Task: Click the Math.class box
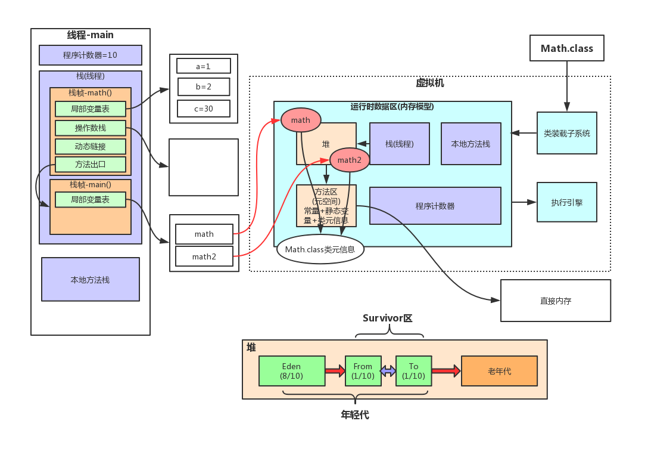pos(566,48)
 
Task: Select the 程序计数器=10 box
pos(91,55)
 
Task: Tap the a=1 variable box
pos(203,66)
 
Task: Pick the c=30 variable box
pos(203,109)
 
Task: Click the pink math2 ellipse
pos(350,160)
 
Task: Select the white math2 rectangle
pos(204,256)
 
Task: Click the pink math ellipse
pos(301,120)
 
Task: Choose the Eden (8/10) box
pos(292,371)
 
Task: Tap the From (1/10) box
pos(363,371)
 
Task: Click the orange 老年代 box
pos(499,371)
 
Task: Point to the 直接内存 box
pos(555,301)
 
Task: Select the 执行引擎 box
pos(566,202)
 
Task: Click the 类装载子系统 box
pos(566,133)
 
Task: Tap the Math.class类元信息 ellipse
pos(320,249)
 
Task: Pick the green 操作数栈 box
pos(91,128)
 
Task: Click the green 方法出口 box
pos(91,164)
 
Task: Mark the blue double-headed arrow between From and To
pos(388,371)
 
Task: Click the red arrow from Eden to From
pos(335,371)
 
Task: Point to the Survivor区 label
pos(388,318)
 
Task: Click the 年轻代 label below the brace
pos(355,415)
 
